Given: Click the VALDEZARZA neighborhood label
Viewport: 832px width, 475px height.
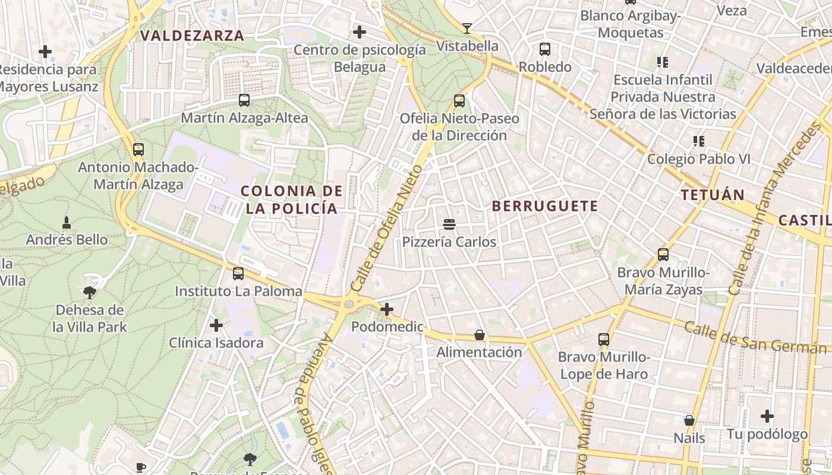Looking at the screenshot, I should tap(192, 36).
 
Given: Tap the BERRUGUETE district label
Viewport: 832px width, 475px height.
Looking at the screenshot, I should tap(545, 206).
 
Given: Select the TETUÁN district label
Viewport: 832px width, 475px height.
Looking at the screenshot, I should tap(713, 195).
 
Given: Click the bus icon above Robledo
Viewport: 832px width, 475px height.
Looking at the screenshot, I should tap(545, 49).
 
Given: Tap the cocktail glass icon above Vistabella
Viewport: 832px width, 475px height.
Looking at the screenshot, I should tap(467, 28).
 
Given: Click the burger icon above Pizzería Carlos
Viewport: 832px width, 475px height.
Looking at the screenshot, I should tap(449, 224).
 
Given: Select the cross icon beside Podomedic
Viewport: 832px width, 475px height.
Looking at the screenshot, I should tap(387, 309).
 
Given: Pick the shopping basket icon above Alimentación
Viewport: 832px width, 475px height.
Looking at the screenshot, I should tap(480, 335).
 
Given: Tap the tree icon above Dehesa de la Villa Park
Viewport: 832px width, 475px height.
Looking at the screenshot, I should tap(90, 292).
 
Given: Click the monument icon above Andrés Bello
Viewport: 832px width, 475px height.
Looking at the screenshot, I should tap(67, 223).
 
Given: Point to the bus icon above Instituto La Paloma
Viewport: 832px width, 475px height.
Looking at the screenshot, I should tap(238, 274).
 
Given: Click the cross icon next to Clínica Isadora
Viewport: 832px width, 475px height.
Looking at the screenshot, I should tap(216, 325).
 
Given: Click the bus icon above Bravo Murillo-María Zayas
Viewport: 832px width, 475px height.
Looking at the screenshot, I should tap(663, 255).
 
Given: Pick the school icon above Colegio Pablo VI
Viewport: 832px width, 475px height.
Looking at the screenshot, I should tap(699, 141).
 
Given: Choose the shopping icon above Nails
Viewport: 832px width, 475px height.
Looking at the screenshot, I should tap(689, 420).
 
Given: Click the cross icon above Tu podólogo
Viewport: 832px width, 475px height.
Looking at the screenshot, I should tap(767, 416).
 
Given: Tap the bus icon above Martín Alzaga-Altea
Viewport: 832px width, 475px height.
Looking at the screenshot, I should tap(244, 100).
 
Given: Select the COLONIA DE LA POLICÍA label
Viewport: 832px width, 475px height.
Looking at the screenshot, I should tap(291, 199).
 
